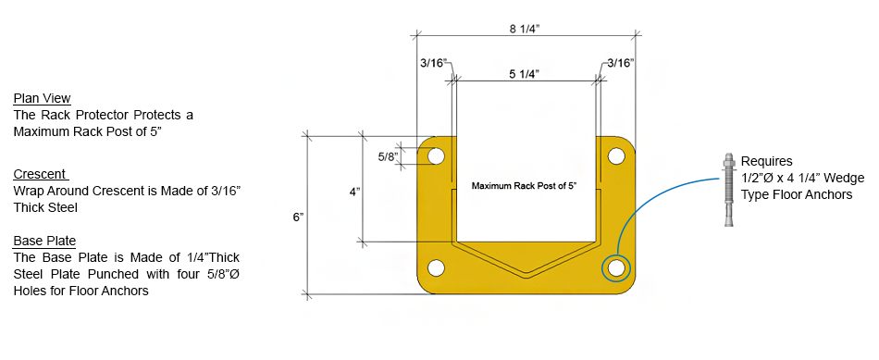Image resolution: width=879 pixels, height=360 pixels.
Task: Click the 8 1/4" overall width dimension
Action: pos(524,30)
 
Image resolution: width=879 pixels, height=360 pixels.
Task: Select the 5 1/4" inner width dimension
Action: pos(524,75)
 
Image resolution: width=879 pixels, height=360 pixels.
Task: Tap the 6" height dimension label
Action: pos(298,217)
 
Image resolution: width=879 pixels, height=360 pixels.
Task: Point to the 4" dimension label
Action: pos(354,192)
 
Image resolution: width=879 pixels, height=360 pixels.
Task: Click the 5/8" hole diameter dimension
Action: pos(388,155)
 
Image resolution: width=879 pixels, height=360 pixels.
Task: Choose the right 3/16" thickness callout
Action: pos(619,63)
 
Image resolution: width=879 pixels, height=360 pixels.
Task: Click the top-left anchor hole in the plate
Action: pos(436,155)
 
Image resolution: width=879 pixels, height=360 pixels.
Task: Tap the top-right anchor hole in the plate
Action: pos(616,155)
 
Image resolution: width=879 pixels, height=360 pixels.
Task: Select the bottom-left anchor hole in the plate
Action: pos(436,268)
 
